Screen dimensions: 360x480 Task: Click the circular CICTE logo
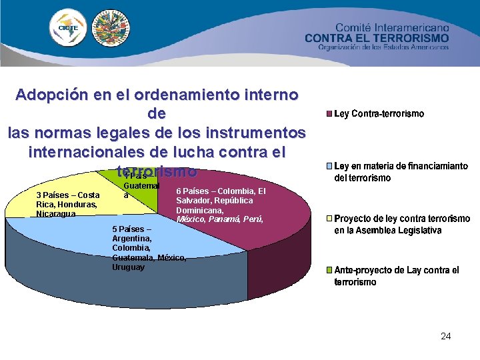point(68,29)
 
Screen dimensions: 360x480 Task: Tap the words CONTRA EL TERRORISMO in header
point(377,38)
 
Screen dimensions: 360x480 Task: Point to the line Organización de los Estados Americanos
point(383,48)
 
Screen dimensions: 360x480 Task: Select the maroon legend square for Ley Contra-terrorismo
point(328,114)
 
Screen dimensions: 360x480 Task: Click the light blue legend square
point(328,166)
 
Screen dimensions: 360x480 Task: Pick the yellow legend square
point(328,218)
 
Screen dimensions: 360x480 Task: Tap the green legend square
point(328,270)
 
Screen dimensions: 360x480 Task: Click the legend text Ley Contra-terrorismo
point(379,114)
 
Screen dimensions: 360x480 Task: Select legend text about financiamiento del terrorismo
point(400,172)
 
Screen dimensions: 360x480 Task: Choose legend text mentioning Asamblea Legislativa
point(401,224)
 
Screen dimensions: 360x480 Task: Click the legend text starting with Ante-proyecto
point(396,275)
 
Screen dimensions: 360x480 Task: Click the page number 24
point(445,336)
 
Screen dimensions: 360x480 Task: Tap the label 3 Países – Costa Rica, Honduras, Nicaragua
point(67,204)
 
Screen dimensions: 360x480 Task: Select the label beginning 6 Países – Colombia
point(220,205)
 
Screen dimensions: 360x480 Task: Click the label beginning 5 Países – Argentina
point(149,247)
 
